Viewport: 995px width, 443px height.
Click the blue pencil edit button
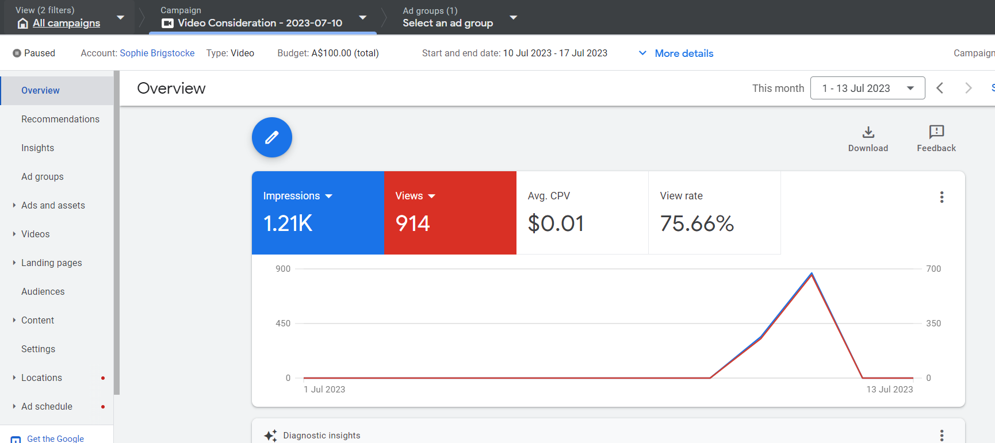(x=272, y=137)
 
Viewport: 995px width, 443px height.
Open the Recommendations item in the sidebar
(x=60, y=119)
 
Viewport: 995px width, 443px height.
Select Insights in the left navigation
(x=38, y=148)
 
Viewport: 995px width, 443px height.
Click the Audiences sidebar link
(x=43, y=291)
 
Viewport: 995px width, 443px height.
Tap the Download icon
(x=868, y=132)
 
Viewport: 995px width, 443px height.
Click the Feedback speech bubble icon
(x=936, y=132)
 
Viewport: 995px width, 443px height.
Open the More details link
(x=684, y=53)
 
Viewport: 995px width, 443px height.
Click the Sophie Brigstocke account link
(x=157, y=53)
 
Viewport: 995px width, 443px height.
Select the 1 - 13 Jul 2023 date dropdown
(x=867, y=88)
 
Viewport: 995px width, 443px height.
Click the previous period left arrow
(x=940, y=88)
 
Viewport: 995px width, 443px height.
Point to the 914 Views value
(x=412, y=224)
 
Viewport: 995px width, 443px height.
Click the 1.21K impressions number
(x=288, y=224)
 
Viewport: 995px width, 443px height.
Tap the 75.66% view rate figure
(x=697, y=224)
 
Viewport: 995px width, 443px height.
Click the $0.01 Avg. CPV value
(x=556, y=224)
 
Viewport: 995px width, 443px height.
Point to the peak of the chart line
(x=812, y=273)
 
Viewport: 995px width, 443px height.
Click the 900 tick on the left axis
(x=283, y=269)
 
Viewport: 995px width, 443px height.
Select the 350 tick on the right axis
(x=933, y=323)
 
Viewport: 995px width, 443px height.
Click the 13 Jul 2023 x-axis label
(x=890, y=390)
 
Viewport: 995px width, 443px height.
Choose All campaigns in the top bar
(x=66, y=23)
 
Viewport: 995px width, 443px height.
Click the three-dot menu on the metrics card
(x=942, y=197)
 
